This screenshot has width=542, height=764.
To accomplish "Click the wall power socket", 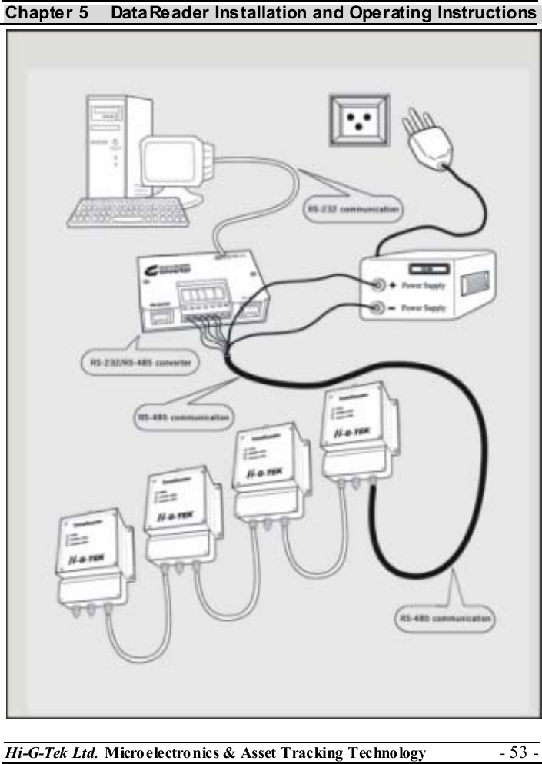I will pyautogui.click(x=359, y=119).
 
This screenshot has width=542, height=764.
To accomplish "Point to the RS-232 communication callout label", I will pyautogui.click(x=354, y=208).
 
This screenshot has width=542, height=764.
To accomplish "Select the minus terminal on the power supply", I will pyautogui.click(x=379, y=308).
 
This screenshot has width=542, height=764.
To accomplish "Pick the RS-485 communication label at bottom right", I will pyautogui.click(x=446, y=618).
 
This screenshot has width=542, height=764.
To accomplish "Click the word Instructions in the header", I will pyautogui.click(x=489, y=13).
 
